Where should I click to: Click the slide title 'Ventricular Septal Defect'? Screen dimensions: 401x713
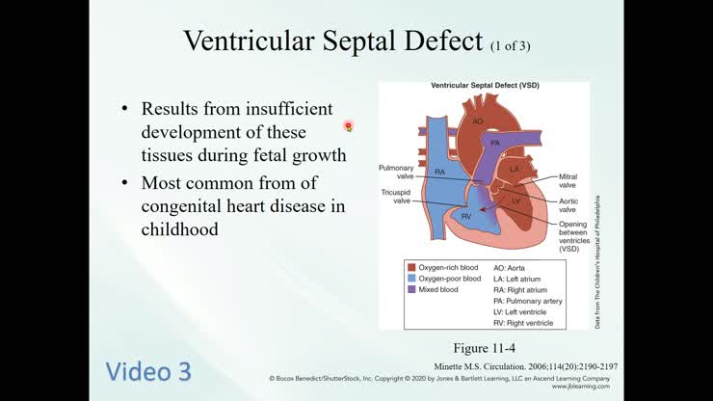click(332, 40)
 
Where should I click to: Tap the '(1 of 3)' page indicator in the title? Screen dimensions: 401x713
click(510, 44)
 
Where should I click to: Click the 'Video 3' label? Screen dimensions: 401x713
click(148, 371)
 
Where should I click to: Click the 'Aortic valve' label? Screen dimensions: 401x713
click(568, 204)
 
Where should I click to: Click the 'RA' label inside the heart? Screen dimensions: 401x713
click(439, 172)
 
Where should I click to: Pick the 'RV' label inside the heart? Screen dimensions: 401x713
click(465, 217)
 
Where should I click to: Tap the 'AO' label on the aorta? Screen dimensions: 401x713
click(478, 121)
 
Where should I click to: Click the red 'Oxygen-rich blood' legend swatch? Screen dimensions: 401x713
click(411, 267)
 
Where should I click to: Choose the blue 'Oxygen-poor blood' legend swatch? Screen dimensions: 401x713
click(411, 279)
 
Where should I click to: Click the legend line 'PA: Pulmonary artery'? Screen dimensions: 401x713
click(527, 301)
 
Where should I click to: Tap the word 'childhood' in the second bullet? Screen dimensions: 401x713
click(179, 229)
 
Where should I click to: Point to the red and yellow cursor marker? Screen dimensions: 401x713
click(348, 126)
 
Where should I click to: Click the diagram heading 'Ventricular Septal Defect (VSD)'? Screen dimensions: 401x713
click(484, 86)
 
